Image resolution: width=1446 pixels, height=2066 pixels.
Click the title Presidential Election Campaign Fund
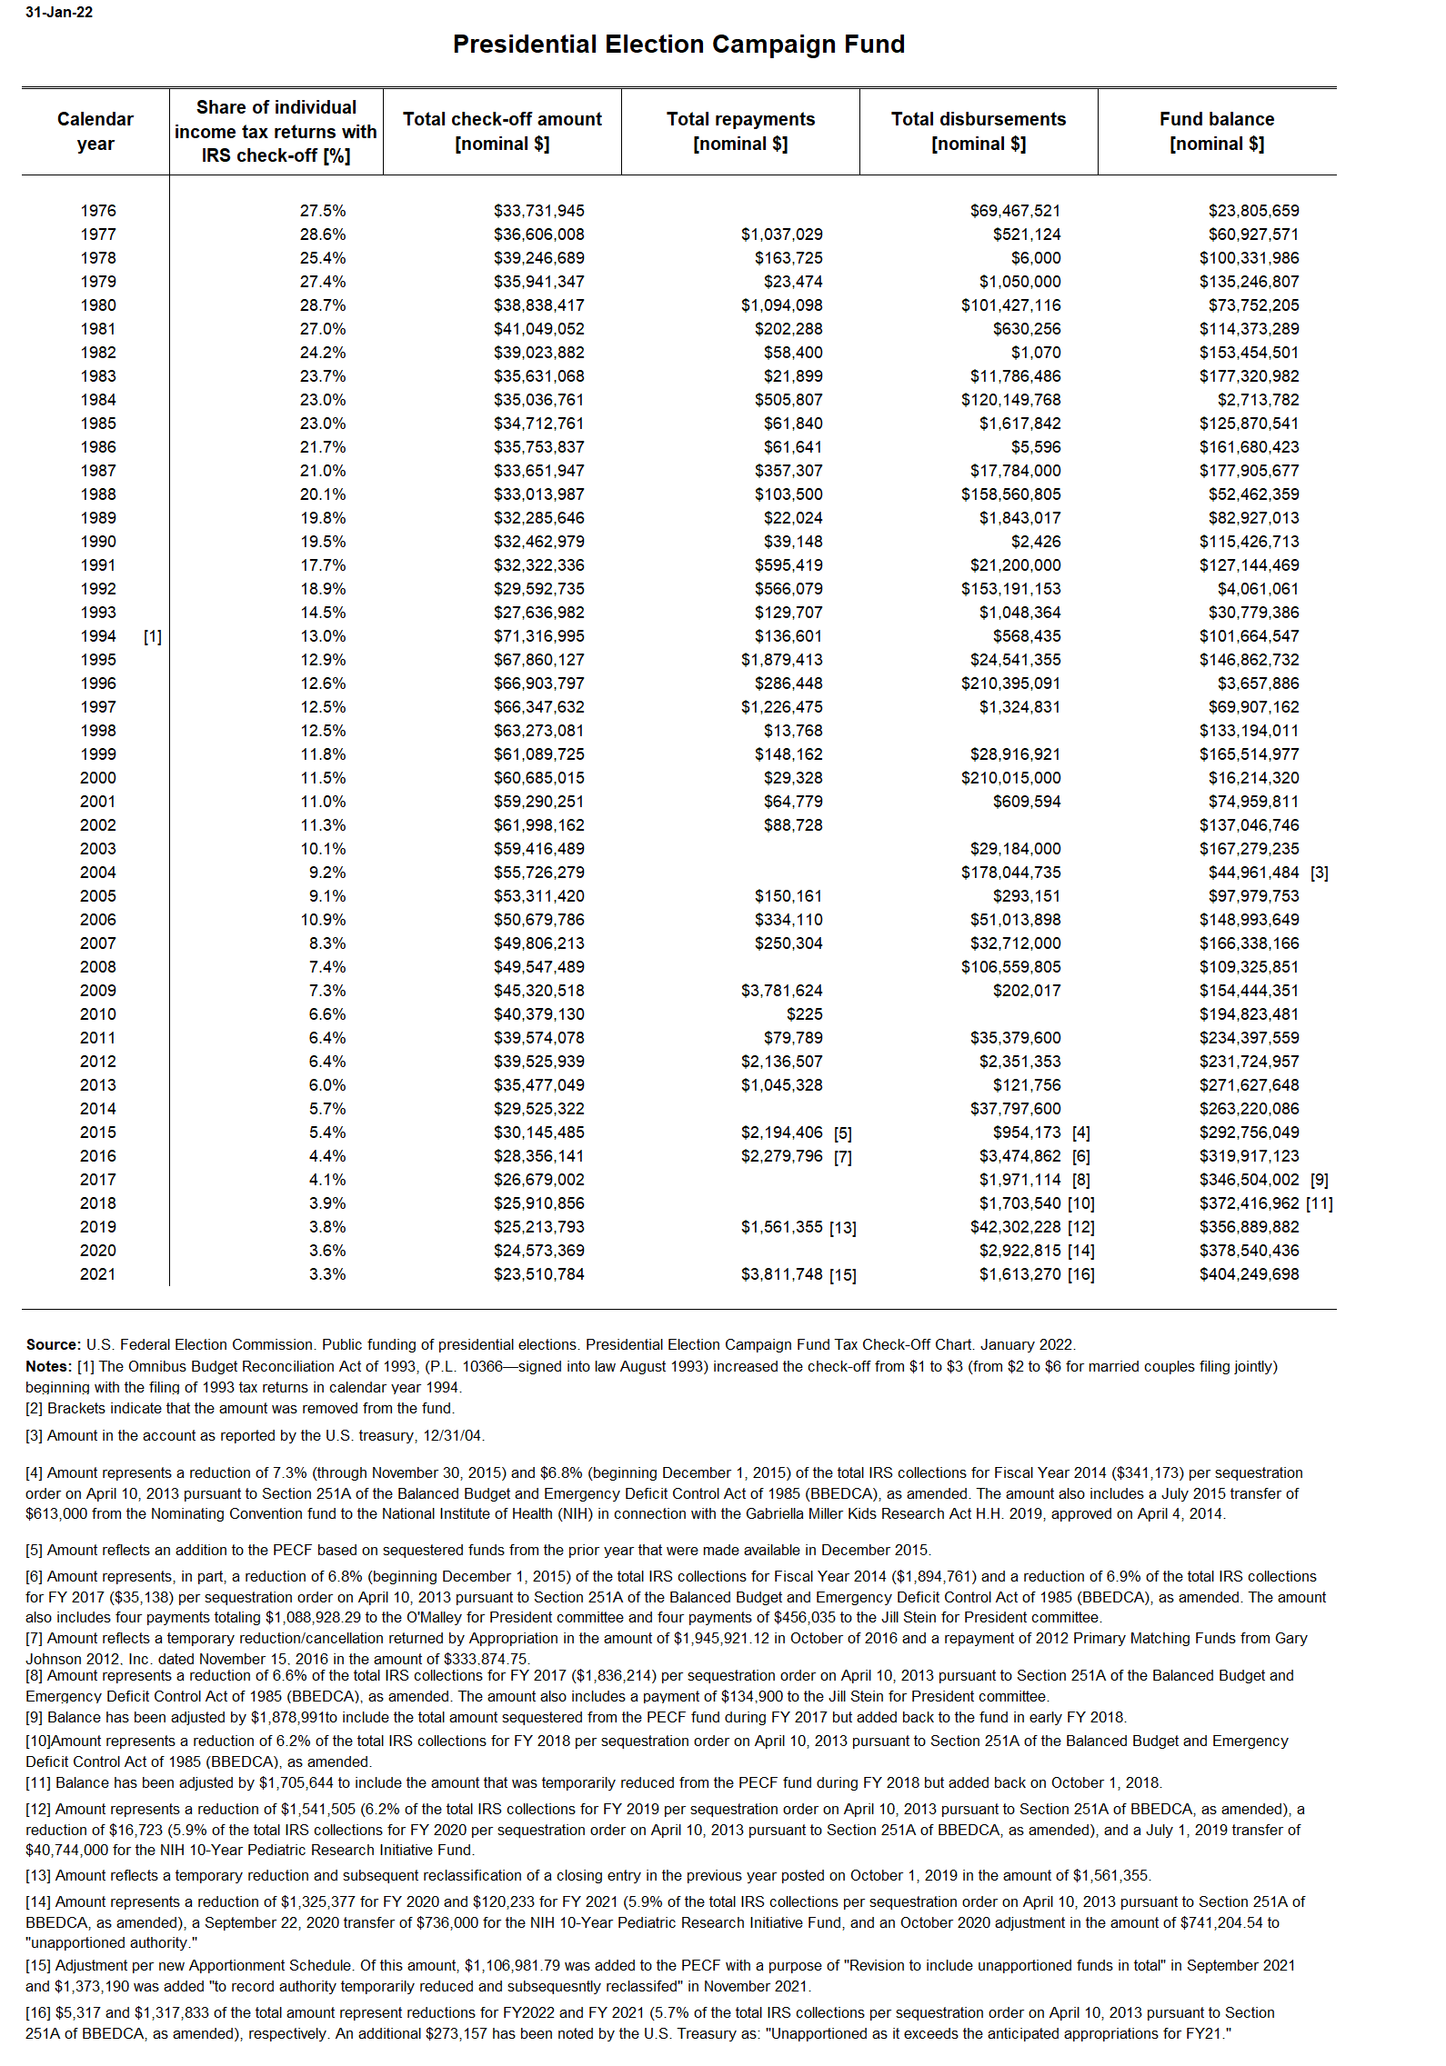pyautogui.click(x=678, y=45)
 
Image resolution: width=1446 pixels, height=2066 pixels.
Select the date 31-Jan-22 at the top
pyautogui.click(x=59, y=13)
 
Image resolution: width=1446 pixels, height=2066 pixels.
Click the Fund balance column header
pyautogui.click(x=1216, y=131)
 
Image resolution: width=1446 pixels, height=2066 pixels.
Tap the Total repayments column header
pyautogui.click(x=740, y=131)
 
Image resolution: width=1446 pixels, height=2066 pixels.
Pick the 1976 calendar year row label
pyautogui.click(x=98, y=211)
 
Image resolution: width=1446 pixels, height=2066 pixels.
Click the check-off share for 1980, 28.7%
pyautogui.click(x=323, y=305)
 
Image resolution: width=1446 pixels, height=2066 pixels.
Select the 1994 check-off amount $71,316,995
pyautogui.click(x=538, y=636)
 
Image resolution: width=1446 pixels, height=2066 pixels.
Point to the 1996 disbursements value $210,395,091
pyautogui.click(x=1010, y=684)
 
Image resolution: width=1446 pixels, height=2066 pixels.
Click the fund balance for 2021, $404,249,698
pyautogui.click(x=1249, y=1274)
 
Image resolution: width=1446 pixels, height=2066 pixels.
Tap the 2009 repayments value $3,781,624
pyautogui.click(x=781, y=991)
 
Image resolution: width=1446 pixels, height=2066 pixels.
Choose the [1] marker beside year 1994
pyautogui.click(x=153, y=636)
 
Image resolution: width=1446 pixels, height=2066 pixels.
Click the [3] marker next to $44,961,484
pyautogui.click(x=1320, y=873)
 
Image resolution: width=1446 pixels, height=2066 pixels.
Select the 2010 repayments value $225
pyautogui.click(x=804, y=1014)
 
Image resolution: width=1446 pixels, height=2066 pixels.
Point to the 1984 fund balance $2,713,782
pyautogui.click(x=1258, y=400)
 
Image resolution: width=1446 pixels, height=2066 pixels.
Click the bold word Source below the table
pyautogui.click(x=53, y=1344)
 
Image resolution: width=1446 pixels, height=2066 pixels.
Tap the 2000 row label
pyautogui.click(x=98, y=778)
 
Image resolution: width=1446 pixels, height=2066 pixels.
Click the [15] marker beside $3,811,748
pyautogui.click(x=842, y=1275)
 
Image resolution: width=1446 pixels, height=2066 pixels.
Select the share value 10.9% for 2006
pyautogui.click(x=323, y=920)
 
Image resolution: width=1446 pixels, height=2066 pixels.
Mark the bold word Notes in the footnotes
pyautogui.click(x=48, y=1366)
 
